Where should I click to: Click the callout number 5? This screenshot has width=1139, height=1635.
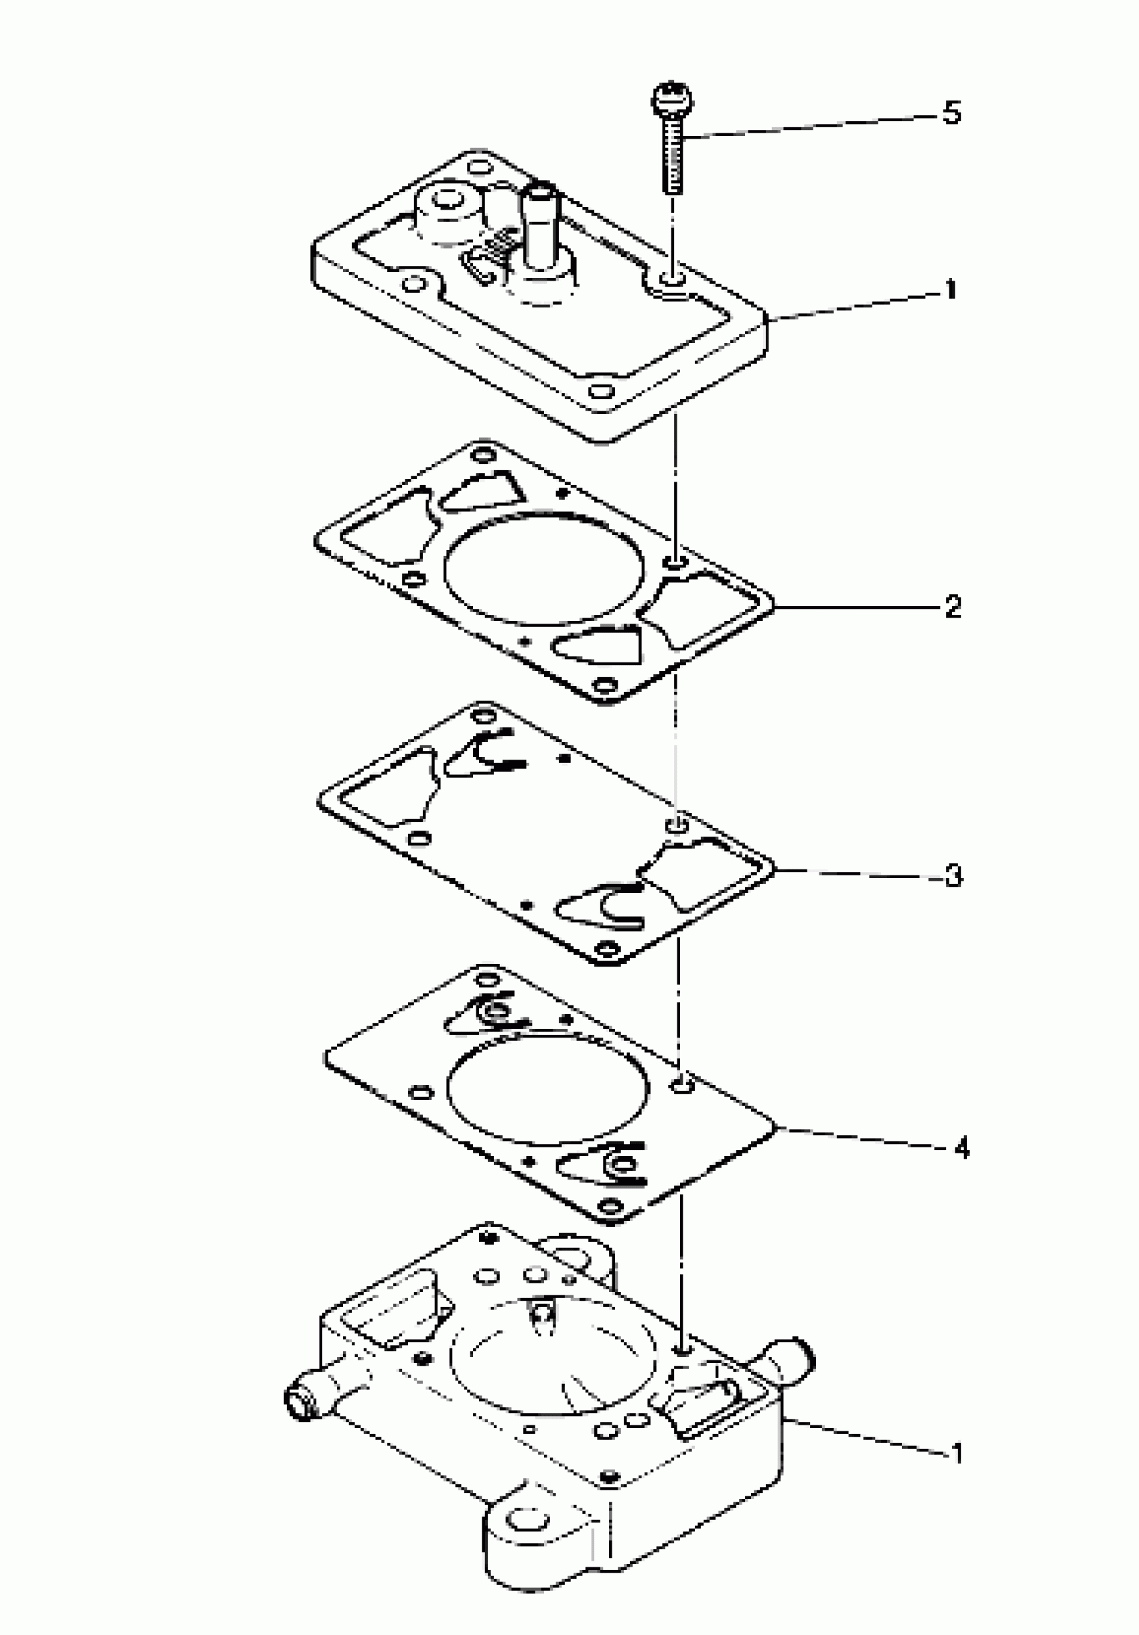(x=951, y=113)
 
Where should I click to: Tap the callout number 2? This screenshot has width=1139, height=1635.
(x=953, y=607)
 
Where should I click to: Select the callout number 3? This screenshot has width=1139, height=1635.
(x=954, y=875)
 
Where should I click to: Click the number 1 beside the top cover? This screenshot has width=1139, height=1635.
(x=950, y=290)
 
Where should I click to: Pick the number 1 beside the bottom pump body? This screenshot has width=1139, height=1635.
(x=958, y=1453)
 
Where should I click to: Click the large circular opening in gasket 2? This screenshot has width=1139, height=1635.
(x=544, y=567)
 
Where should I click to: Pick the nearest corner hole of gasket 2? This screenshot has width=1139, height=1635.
(x=605, y=687)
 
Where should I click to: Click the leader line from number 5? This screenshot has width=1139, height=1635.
(x=812, y=124)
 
